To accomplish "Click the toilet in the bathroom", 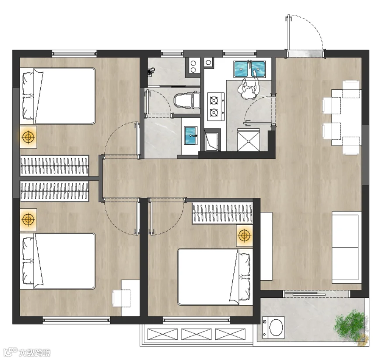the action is [187, 100].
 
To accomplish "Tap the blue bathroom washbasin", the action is [191, 135].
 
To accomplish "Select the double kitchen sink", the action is [250, 69].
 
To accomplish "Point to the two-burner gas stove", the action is [216, 106].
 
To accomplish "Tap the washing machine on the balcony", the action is [274, 328].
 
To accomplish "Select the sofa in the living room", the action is [346, 247].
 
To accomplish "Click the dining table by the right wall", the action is [346, 118].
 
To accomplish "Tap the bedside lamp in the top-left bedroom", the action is [28, 137].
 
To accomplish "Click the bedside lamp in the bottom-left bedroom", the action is [28, 219].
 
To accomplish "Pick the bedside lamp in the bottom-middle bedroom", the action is [244, 236].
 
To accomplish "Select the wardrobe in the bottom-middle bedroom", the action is [222, 213].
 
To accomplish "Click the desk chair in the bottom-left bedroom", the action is [121, 298].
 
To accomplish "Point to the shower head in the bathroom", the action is [150, 71].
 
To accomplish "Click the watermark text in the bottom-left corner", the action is [34, 353].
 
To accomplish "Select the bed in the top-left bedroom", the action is [57, 96].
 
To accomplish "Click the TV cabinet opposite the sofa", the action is [266, 246].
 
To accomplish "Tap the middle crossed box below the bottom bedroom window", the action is [196, 334].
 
